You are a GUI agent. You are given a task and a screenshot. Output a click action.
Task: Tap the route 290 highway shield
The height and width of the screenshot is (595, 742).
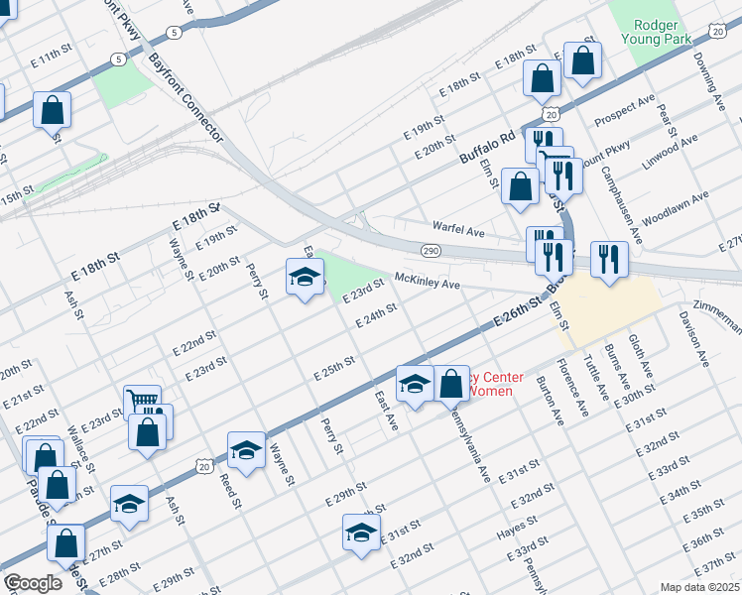pyautogui.click(x=431, y=252)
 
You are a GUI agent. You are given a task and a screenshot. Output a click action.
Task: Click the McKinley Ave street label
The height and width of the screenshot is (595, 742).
pyautogui.click(x=428, y=283)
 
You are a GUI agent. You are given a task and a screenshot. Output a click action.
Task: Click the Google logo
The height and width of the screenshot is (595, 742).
pyautogui.click(x=33, y=583)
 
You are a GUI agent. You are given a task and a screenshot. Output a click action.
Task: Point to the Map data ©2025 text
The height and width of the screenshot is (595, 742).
pyautogui.click(x=699, y=587)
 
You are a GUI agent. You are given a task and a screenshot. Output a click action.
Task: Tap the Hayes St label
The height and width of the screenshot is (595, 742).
pyautogui.click(x=517, y=534)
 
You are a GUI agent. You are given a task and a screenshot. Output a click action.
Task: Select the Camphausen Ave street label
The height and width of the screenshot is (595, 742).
pyautogui.click(x=621, y=204)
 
